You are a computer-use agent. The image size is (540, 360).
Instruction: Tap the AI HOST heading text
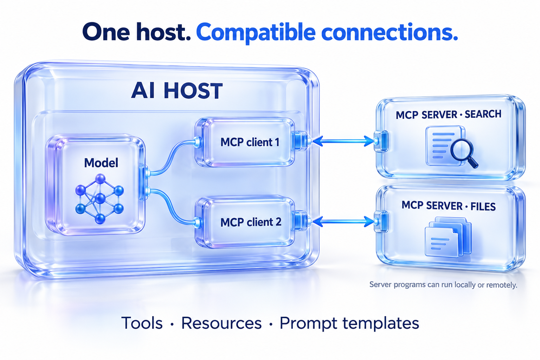pos(177,91)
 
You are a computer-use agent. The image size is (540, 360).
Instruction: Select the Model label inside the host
pos(101,163)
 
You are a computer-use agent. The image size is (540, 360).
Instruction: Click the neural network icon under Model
pos(99,199)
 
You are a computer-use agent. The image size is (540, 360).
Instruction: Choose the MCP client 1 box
pos(245,142)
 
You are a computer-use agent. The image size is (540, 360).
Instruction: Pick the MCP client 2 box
pos(245,222)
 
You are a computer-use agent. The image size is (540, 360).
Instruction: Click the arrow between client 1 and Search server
pos(343,141)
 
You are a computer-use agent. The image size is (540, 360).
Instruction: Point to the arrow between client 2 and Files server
pos(343,221)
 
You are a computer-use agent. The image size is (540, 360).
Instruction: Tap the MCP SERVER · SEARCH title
pos(448,115)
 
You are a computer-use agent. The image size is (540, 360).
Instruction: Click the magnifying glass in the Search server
pos(464,154)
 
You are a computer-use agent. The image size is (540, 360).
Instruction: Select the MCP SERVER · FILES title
pos(448,206)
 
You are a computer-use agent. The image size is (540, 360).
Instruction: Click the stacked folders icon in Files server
pos(448,237)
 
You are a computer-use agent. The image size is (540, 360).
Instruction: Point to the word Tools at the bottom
pos(142,323)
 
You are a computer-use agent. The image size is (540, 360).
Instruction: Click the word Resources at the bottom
pos(221,323)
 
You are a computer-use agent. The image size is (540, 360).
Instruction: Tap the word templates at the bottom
pos(381,323)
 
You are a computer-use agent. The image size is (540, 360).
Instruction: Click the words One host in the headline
pos(136,32)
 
